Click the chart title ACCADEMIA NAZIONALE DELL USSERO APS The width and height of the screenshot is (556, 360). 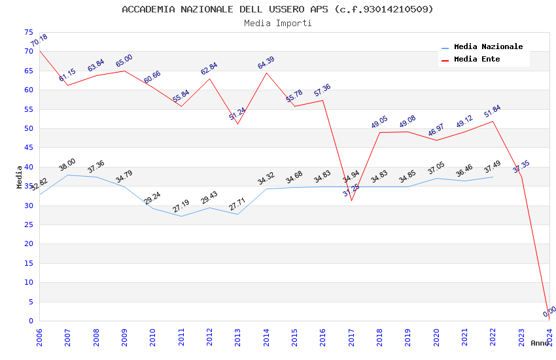click(277, 9)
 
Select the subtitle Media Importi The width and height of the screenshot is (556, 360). click(277, 23)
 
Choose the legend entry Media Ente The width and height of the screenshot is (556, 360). click(477, 59)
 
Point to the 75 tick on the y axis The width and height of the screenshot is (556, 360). click(28, 32)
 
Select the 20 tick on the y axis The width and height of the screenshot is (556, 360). click(28, 244)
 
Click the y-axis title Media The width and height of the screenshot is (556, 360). click(19, 177)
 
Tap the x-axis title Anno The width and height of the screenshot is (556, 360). click(540, 343)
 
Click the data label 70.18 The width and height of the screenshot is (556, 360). click(39, 41)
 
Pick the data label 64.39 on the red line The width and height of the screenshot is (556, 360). click(266, 63)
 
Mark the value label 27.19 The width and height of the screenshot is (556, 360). click(181, 206)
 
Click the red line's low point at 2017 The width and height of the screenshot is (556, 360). click(351, 200)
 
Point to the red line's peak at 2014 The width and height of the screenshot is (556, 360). click(266, 73)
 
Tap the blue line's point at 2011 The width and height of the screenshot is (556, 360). click(181, 216)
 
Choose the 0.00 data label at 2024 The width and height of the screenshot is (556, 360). click(549, 312)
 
